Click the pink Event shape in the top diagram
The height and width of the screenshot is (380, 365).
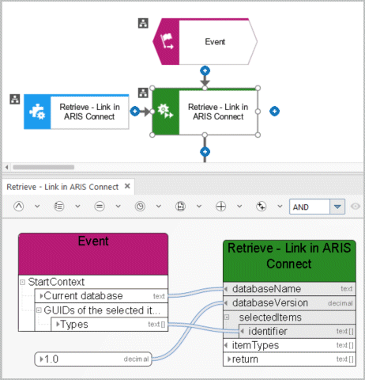pyautogui.click(x=205, y=41)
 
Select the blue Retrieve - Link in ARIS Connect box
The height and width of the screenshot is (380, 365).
pyautogui.click(x=77, y=112)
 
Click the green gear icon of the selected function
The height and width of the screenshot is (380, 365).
pyautogui.click(x=165, y=111)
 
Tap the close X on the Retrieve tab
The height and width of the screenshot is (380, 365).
pyautogui.click(x=127, y=186)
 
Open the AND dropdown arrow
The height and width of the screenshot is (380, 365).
pyautogui.click(x=337, y=207)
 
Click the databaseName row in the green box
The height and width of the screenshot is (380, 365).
pyautogui.click(x=289, y=289)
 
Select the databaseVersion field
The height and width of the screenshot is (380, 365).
pyautogui.click(x=289, y=303)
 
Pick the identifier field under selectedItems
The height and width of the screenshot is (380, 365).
pyautogui.click(x=297, y=331)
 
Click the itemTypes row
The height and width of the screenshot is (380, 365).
pyautogui.click(x=289, y=345)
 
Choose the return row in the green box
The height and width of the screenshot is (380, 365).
pyautogui.click(x=289, y=359)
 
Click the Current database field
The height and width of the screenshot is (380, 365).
pyautogui.click(x=101, y=296)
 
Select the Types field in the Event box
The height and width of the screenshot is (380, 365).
pyautogui.click(x=109, y=325)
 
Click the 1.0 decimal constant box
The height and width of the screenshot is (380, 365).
pyautogui.click(x=93, y=359)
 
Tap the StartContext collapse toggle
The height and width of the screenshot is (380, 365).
pyautogui.click(x=23, y=282)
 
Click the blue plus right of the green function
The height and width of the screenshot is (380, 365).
pyautogui.click(x=274, y=111)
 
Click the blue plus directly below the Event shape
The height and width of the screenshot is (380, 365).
pyautogui.click(x=205, y=70)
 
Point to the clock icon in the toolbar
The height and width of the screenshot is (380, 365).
pyautogui.click(x=140, y=207)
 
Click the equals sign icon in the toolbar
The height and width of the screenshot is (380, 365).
pyautogui.click(x=100, y=207)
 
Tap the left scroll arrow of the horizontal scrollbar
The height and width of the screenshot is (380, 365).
pyautogui.click(x=7, y=167)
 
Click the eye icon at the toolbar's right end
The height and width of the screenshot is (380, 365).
pyautogui.click(x=356, y=207)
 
